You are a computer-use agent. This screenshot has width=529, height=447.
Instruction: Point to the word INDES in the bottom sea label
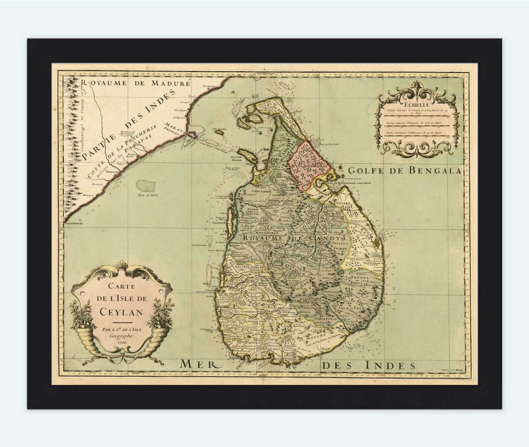tap(392, 365)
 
